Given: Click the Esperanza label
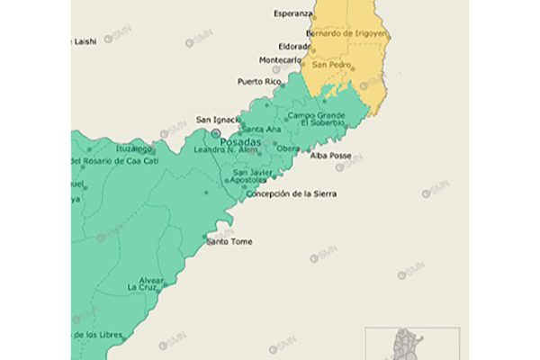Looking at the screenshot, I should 293,14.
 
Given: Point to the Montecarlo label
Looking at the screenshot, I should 280,60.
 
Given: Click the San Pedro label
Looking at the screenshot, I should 331,64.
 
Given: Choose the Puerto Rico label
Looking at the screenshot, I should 259,82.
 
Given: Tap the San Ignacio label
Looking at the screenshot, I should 218,120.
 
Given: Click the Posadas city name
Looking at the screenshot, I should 240,142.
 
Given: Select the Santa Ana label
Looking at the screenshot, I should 261,130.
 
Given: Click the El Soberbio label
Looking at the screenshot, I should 321,123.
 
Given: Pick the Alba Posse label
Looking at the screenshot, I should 330,156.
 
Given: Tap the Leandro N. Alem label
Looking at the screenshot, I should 226,149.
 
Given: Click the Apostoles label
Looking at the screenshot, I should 248,180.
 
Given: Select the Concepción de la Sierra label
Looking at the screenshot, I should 292,193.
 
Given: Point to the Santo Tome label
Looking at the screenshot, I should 229,242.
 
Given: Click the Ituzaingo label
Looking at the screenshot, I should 132,148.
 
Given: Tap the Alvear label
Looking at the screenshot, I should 150,280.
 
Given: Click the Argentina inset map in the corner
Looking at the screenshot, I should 411,343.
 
